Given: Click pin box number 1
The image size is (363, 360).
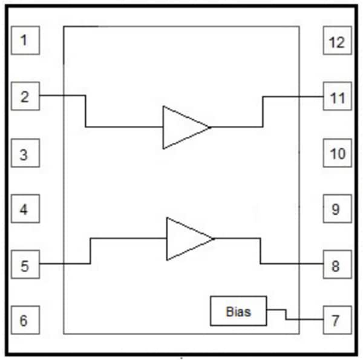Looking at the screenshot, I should click(x=25, y=41).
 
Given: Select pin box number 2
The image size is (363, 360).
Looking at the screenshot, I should click(x=25, y=97).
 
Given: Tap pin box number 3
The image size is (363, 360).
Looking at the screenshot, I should click(x=25, y=154).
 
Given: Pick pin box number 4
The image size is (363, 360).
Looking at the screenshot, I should click(x=25, y=210).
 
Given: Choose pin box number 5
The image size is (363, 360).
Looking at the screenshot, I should click(x=25, y=265).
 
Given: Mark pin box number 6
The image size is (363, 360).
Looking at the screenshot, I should click(x=25, y=321).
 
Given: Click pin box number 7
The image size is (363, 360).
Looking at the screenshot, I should click(x=336, y=321).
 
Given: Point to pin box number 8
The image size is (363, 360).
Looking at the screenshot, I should click(x=336, y=265).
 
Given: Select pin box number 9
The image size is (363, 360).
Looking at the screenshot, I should click(x=336, y=209).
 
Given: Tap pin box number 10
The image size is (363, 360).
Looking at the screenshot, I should click(x=336, y=153).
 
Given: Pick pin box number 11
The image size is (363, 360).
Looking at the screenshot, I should click(x=336, y=97).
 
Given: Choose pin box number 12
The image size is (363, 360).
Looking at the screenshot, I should click(x=336, y=42).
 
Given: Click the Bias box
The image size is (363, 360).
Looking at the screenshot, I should click(x=238, y=312).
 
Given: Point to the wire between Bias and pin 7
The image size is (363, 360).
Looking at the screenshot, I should click(x=302, y=319).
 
